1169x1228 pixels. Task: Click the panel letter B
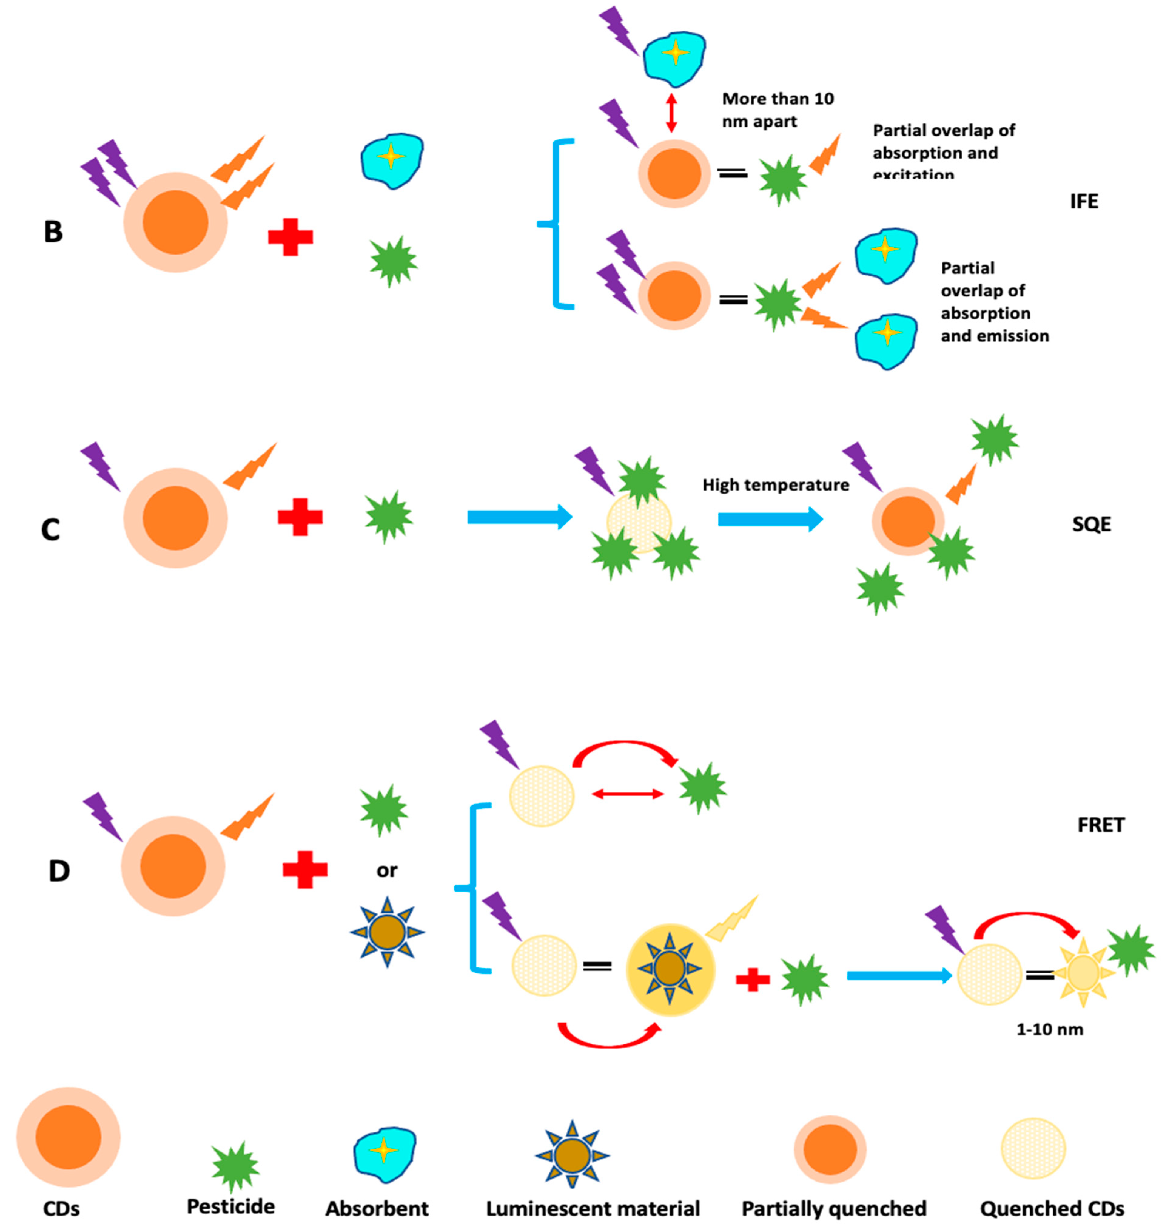pyautogui.click(x=53, y=232)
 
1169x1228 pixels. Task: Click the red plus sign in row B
pyautogui.click(x=291, y=237)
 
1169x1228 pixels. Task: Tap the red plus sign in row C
pyautogui.click(x=300, y=517)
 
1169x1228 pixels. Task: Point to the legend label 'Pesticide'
pyautogui.click(x=230, y=1206)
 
